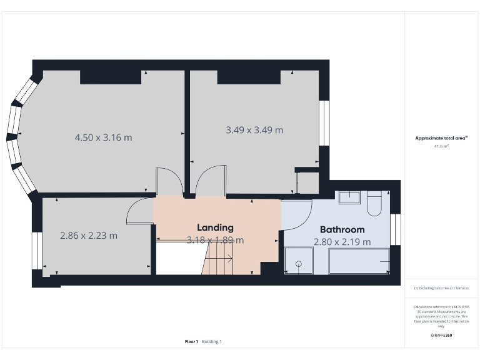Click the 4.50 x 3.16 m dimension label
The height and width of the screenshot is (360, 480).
pos(104,137)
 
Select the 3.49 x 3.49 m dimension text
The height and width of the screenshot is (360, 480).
pos(254,130)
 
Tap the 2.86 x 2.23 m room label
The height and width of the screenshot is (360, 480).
pos(88,236)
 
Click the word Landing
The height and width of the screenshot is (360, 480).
pos(215,227)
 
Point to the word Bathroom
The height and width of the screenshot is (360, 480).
pos(342,229)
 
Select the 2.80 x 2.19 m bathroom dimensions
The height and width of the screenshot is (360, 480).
pos(342,242)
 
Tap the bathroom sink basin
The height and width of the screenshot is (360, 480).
pos(349,198)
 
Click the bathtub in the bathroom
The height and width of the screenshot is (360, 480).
pos(358,261)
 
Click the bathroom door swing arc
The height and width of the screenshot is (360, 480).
pos(300,212)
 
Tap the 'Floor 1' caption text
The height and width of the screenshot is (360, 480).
pos(191,341)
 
